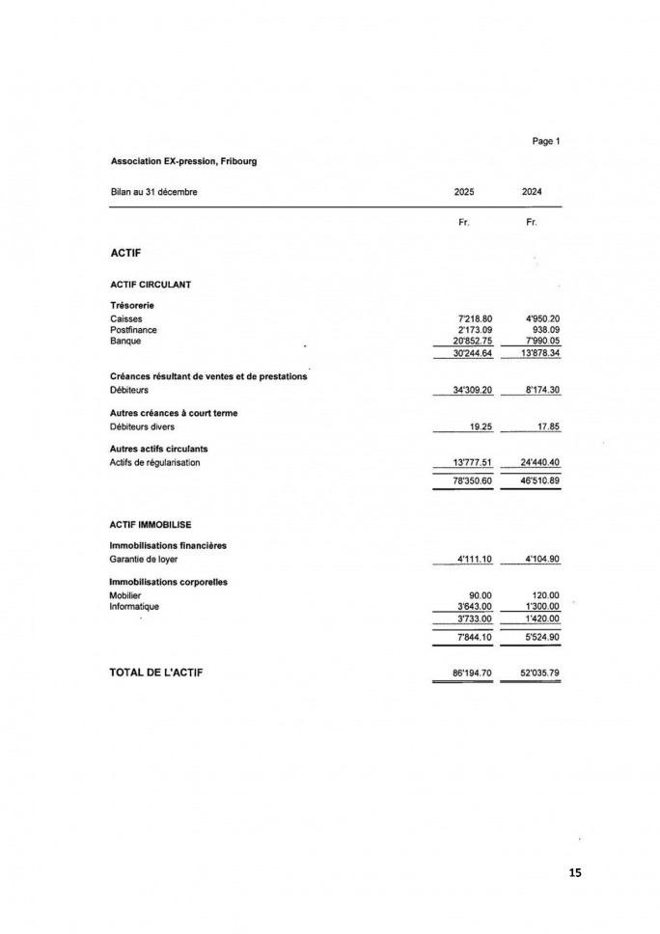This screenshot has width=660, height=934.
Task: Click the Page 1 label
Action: pos(545,141)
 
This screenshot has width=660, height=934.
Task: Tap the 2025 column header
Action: pos(464,191)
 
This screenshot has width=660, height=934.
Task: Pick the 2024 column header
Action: pos(532,191)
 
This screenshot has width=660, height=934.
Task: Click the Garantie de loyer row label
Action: pos(144,559)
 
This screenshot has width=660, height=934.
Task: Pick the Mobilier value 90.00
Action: pos(481,595)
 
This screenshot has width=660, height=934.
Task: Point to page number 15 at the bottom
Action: pos(575,872)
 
